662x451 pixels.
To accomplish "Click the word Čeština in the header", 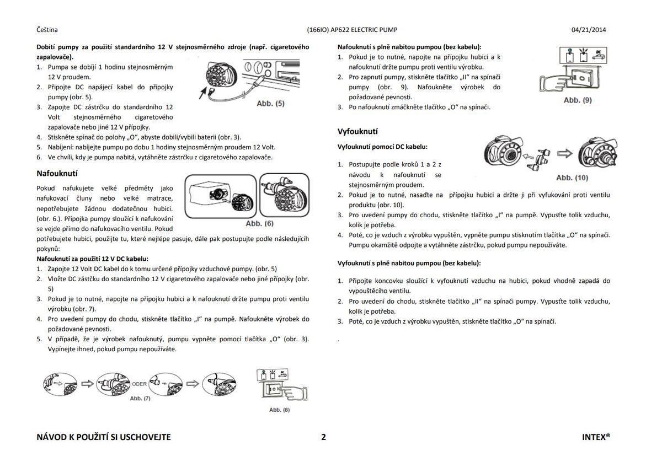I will pos(47,30).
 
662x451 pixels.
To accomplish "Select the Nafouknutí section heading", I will pos(57,173).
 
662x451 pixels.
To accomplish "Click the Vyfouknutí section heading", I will pos(357,131).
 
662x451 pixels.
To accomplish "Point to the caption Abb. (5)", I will pos(270,104).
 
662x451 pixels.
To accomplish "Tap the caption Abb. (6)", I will pos(259,224).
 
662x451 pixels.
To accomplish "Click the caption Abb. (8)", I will pos(279,410).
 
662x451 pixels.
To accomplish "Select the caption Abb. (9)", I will pos(578,100).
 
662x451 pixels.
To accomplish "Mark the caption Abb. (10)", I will pos(572,178).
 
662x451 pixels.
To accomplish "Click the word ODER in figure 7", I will pos(139,384).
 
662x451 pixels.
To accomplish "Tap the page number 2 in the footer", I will pos(324,437).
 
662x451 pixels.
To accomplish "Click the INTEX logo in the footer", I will pos(596,437).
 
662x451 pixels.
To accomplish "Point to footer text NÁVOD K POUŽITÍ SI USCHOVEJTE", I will pos(103,437).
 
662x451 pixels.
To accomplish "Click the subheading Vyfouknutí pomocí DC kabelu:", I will pos(382,147).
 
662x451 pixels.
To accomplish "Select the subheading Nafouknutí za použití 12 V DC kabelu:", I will pos(92,258).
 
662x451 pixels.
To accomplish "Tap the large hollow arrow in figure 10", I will pos(564,153).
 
